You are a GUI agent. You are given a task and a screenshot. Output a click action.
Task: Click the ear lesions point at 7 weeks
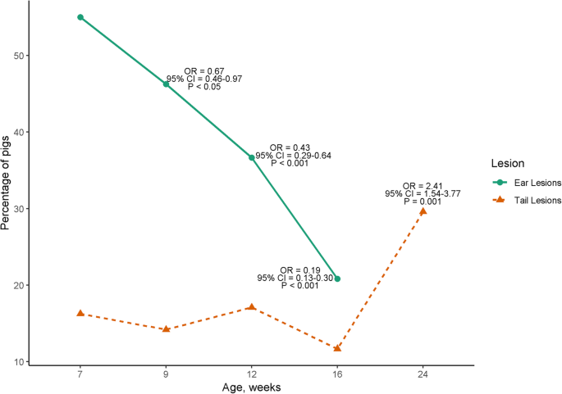tap(80, 17)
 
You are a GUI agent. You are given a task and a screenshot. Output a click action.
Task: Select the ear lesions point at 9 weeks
tap(166, 84)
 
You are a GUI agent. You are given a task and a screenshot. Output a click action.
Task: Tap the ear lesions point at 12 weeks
tap(252, 157)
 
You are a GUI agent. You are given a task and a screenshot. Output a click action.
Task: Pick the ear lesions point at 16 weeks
tap(337, 279)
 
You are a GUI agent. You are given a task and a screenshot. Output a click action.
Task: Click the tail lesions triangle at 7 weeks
tap(80, 313)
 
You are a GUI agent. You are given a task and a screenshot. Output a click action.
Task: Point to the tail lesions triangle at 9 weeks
tap(166, 328)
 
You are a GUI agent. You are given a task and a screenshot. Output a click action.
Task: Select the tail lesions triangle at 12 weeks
tap(252, 307)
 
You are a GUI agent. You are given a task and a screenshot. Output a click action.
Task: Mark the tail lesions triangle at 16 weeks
tap(337, 348)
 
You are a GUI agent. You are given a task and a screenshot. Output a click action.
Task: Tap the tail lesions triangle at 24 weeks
tap(423, 211)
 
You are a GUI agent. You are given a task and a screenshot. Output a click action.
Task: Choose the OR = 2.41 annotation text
tap(423, 186)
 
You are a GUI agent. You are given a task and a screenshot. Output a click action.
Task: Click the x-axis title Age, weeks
tap(251, 387)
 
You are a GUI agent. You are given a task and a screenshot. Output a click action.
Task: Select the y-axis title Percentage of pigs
tap(7, 183)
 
